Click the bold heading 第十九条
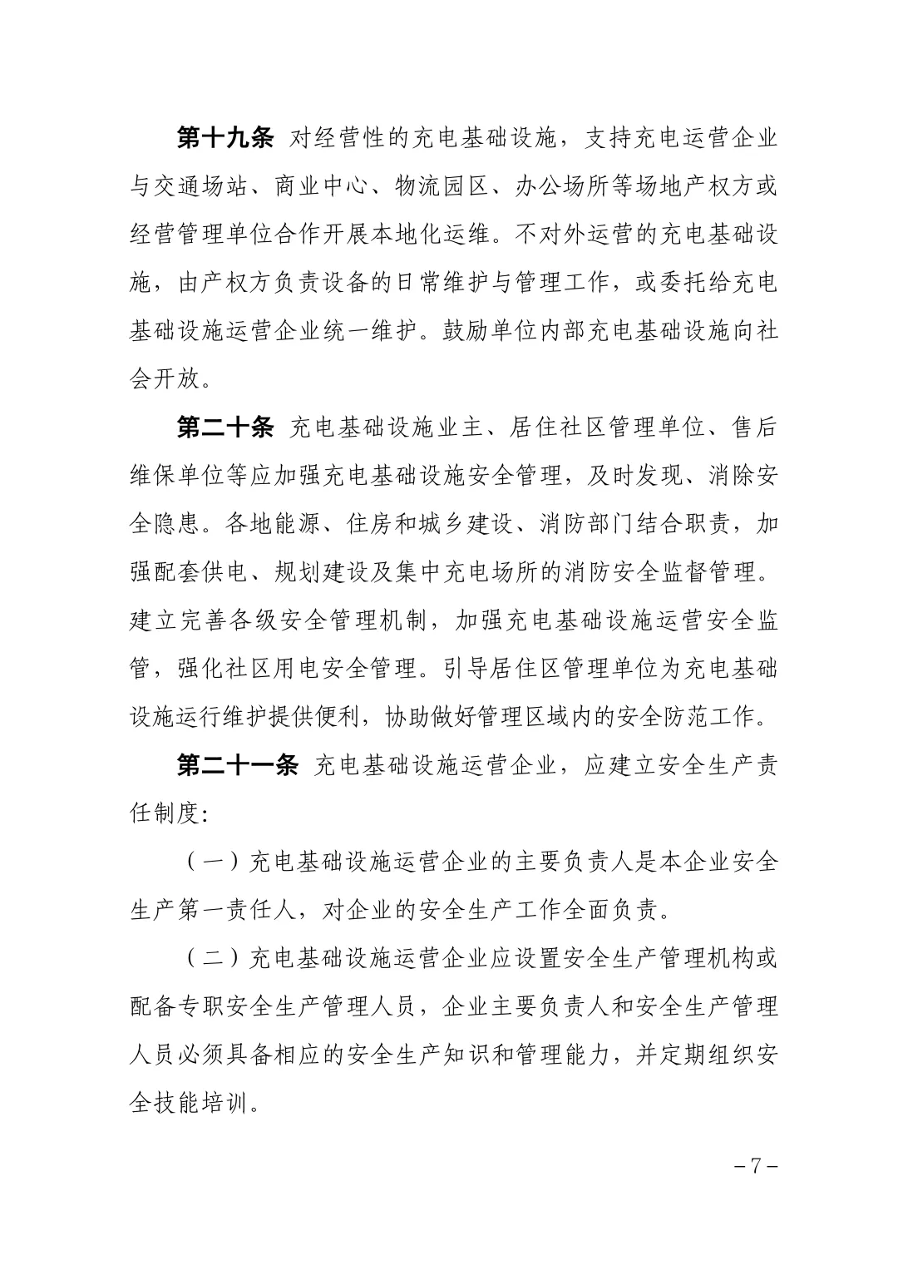(x=225, y=138)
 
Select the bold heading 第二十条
(x=225, y=427)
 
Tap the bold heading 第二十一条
(x=237, y=765)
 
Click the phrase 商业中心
(x=323, y=186)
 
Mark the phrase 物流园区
(x=444, y=186)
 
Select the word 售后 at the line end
(x=755, y=427)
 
